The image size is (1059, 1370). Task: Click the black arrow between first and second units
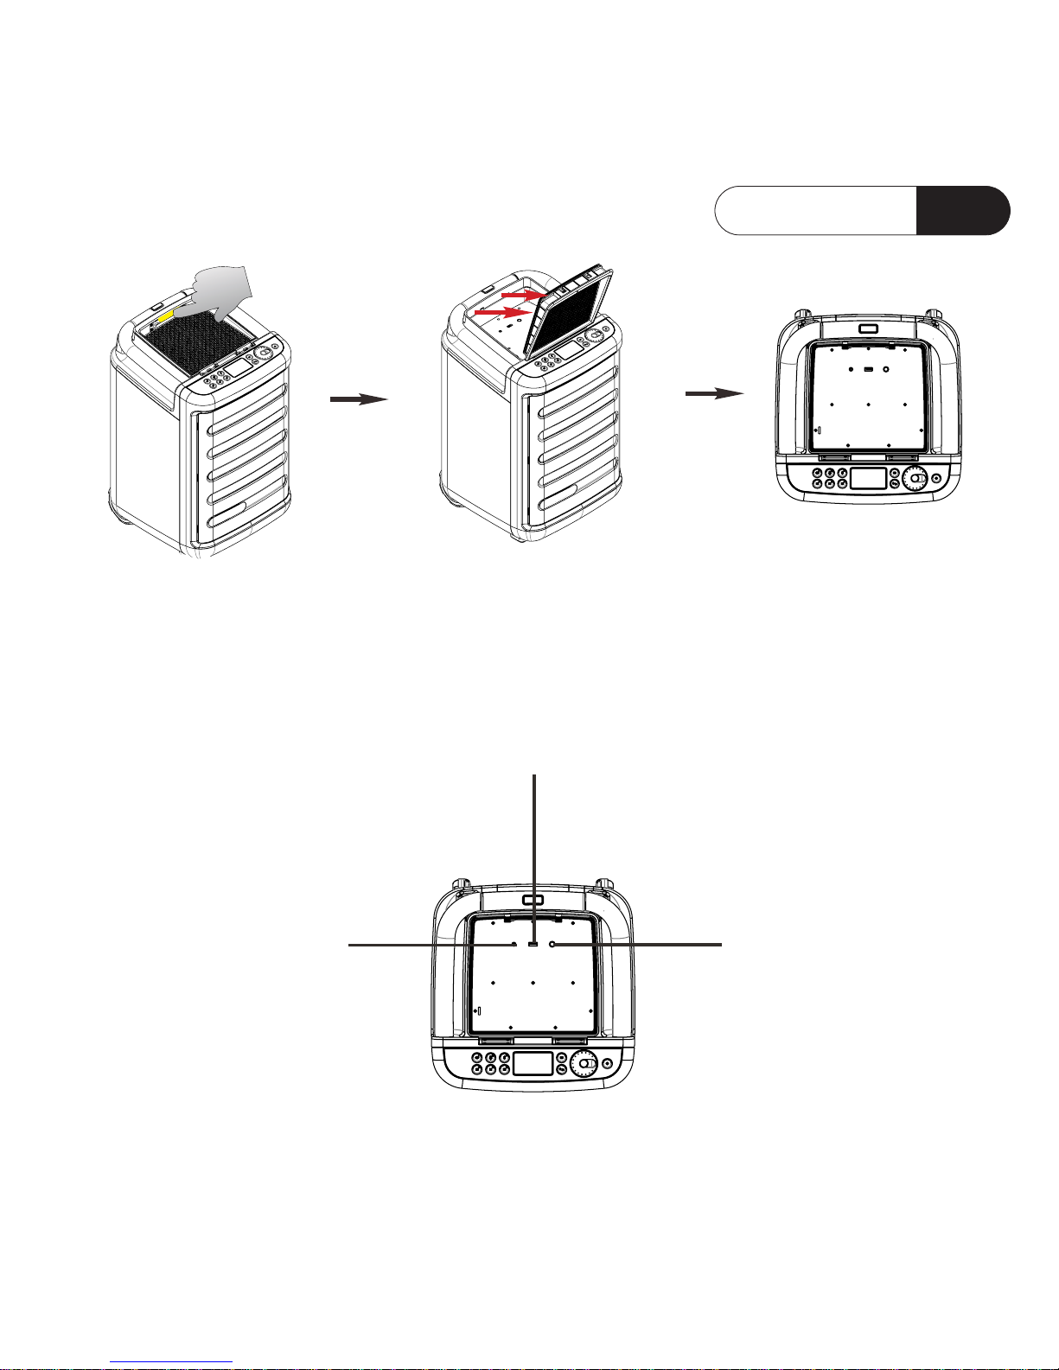tap(358, 398)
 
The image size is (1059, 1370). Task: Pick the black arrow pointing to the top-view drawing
tap(714, 393)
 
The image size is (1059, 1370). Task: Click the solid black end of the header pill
tap(961, 210)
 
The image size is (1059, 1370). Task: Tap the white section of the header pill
tap(815, 210)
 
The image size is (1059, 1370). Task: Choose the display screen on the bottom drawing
tap(533, 1063)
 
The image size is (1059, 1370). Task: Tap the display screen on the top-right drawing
tap(869, 479)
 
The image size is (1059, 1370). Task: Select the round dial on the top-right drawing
tap(915, 478)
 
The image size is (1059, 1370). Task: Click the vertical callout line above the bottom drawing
tap(536, 856)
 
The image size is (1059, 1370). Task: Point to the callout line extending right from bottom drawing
tap(640, 945)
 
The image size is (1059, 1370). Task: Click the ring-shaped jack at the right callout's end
tap(552, 946)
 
